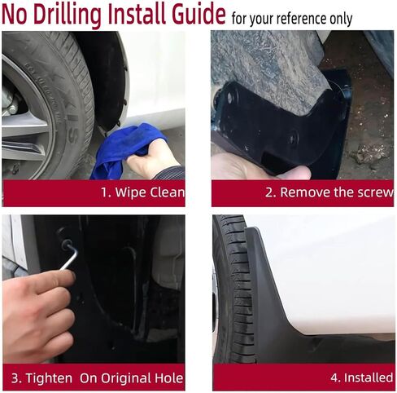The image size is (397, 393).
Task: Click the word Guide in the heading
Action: pos(198,13)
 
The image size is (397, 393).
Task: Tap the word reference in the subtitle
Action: pos(302,19)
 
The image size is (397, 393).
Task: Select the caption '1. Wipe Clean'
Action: pos(142,192)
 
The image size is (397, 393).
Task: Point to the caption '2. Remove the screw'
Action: pos(329,192)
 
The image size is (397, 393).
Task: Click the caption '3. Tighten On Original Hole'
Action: pos(97,378)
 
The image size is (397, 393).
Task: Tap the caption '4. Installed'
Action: pos(362,378)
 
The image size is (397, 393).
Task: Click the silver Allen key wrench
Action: pos(68,255)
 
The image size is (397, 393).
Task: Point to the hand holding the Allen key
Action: pos(38,316)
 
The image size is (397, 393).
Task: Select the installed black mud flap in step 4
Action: pos(312,304)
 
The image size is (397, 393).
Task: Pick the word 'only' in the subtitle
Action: pos(341,19)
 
